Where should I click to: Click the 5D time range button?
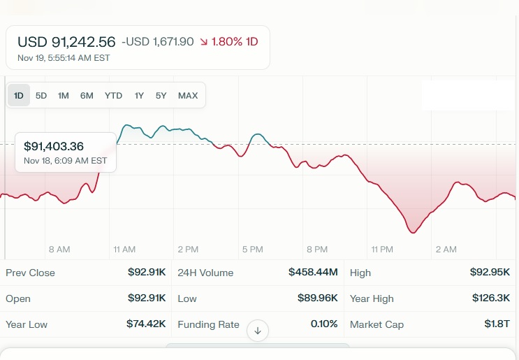click(x=41, y=96)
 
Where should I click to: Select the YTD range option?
click(x=113, y=96)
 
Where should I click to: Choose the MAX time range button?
click(x=187, y=96)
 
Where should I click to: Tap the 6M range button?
click(x=87, y=96)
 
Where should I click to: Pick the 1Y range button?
click(x=139, y=96)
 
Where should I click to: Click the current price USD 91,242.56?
click(x=66, y=42)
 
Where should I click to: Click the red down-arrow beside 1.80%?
click(x=203, y=42)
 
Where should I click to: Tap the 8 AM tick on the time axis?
click(x=59, y=250)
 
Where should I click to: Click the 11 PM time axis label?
click(x=382, y=250)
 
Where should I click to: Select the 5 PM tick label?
click(x=252, y=250)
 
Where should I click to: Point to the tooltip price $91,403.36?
click(x=54, y=147)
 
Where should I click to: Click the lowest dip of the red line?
click(x=413, y=232)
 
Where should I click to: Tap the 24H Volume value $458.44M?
click(x=313, y=273)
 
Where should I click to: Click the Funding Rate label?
click(x=208, y=324)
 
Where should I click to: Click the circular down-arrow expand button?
click(x=258, y=331)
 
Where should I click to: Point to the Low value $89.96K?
click(x=317, y=298)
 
